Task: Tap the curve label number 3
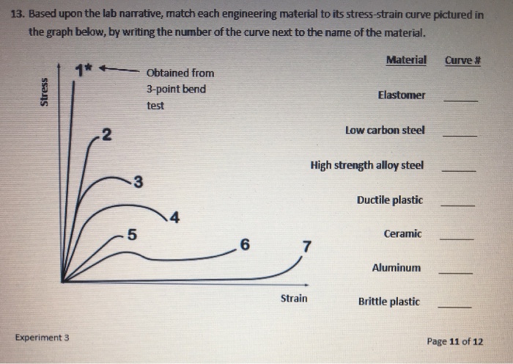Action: (x=138, y=181)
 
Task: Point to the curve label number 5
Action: (x=131, y=235)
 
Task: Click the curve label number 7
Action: (x=307, y=246)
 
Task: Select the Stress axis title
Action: (x=44, y=93)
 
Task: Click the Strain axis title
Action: (x=293, y=299)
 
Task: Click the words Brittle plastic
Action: (x=388, y=302)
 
